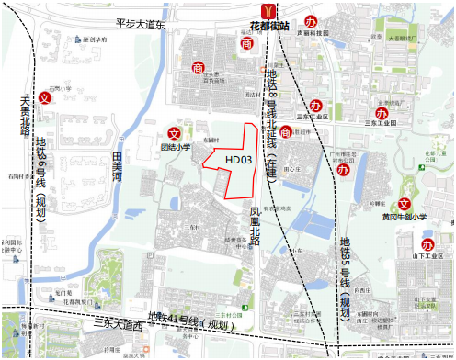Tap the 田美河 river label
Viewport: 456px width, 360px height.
[x=117, y=169]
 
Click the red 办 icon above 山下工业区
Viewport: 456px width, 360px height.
[x=427, y=244]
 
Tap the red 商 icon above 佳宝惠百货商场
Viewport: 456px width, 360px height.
[x=198, y=67]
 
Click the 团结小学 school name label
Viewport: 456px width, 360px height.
[x=176, y=146]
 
